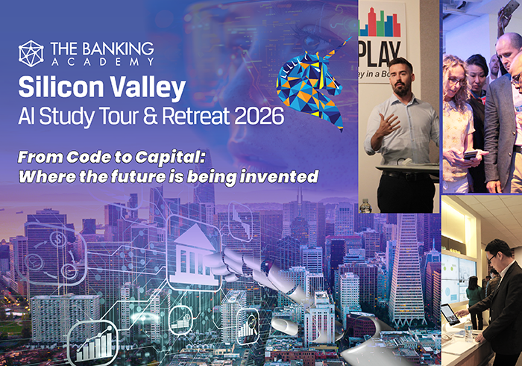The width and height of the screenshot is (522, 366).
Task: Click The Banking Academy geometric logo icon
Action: coord(31,54)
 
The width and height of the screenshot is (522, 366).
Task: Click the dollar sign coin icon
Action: coord(59,239)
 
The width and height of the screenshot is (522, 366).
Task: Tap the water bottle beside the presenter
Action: coord(365,206)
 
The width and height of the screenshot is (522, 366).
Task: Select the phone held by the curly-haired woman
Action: coord(472,155)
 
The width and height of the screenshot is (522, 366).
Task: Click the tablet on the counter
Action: coord(450,314)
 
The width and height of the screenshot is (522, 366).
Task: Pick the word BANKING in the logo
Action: coord(118,49)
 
